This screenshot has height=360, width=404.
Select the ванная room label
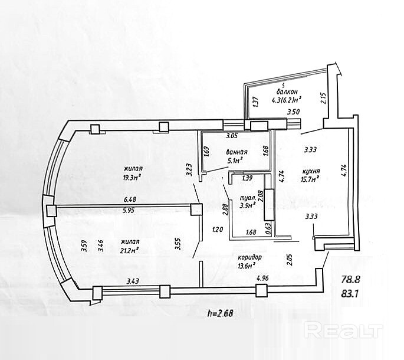point(236,152)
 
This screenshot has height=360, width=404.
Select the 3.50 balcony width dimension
point(293,112)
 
